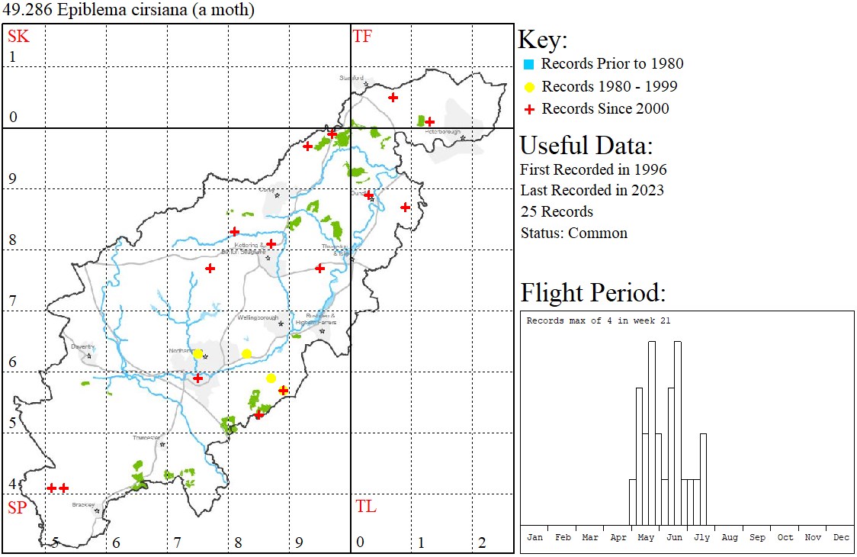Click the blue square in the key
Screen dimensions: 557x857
coord(529,64)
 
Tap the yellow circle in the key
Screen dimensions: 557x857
coord(529,87)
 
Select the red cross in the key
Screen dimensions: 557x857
coord(529,109)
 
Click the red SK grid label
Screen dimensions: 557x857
coord(18,36)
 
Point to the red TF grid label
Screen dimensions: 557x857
coord(362,36)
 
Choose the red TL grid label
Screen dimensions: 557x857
coord(366,507)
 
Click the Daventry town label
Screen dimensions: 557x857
coord(82,346)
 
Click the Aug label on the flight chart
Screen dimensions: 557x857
coord(730,537)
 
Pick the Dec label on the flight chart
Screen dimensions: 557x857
coord(841,537)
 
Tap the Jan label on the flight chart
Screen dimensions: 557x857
coord(534,537)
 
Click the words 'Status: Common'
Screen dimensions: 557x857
coord(573,233)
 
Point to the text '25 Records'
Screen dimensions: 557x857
coord(557,211)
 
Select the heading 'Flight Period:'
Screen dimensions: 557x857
coord(593,293)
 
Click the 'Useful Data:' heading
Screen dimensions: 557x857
coord(586,145)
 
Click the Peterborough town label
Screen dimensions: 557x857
coord(444,131)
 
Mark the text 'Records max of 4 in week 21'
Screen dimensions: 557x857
coord(599,320)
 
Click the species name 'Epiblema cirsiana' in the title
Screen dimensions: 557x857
coord(110,11)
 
